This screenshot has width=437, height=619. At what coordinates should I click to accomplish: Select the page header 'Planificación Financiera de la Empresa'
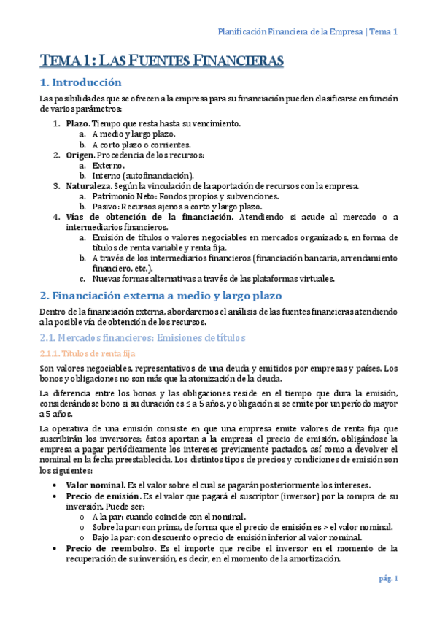[x=292, y=31]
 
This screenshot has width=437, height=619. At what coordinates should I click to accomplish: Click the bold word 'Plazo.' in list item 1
[x=78, y=124]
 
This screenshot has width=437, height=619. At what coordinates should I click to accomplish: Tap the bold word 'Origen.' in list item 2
[x=80, y=155]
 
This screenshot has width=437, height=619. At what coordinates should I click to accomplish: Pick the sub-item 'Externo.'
[x=109, y=166]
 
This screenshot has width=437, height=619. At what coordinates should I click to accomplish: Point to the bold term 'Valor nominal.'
[x=95, y=485]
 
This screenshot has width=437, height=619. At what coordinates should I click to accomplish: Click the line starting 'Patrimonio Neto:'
[x=185, y=196]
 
